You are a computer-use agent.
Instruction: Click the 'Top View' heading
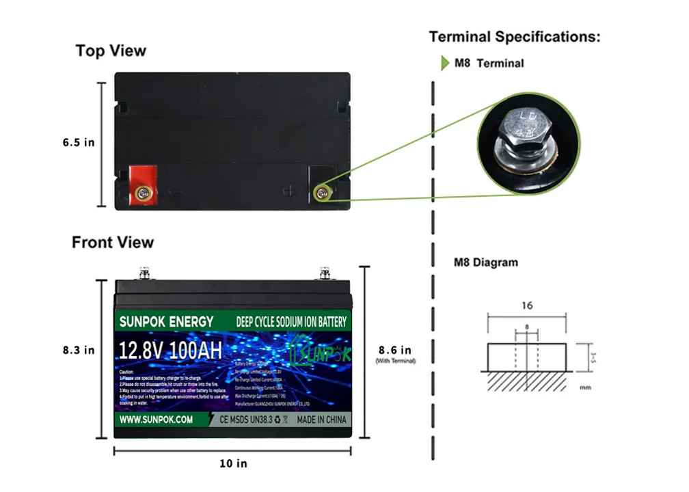111,51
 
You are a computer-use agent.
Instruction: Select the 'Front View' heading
113,243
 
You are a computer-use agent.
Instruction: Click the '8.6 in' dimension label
395,350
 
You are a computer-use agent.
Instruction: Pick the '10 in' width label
233,463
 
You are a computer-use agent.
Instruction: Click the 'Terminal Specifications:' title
515,37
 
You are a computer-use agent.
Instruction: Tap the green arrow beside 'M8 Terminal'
445,64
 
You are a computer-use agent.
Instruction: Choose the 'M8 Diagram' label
486,262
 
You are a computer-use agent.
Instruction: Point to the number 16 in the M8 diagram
526,305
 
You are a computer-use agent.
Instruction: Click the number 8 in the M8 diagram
527,327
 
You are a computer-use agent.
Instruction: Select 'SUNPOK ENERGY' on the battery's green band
166,321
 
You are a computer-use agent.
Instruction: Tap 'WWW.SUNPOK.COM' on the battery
155,420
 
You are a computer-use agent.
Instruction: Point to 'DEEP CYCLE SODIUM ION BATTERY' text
291,322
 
